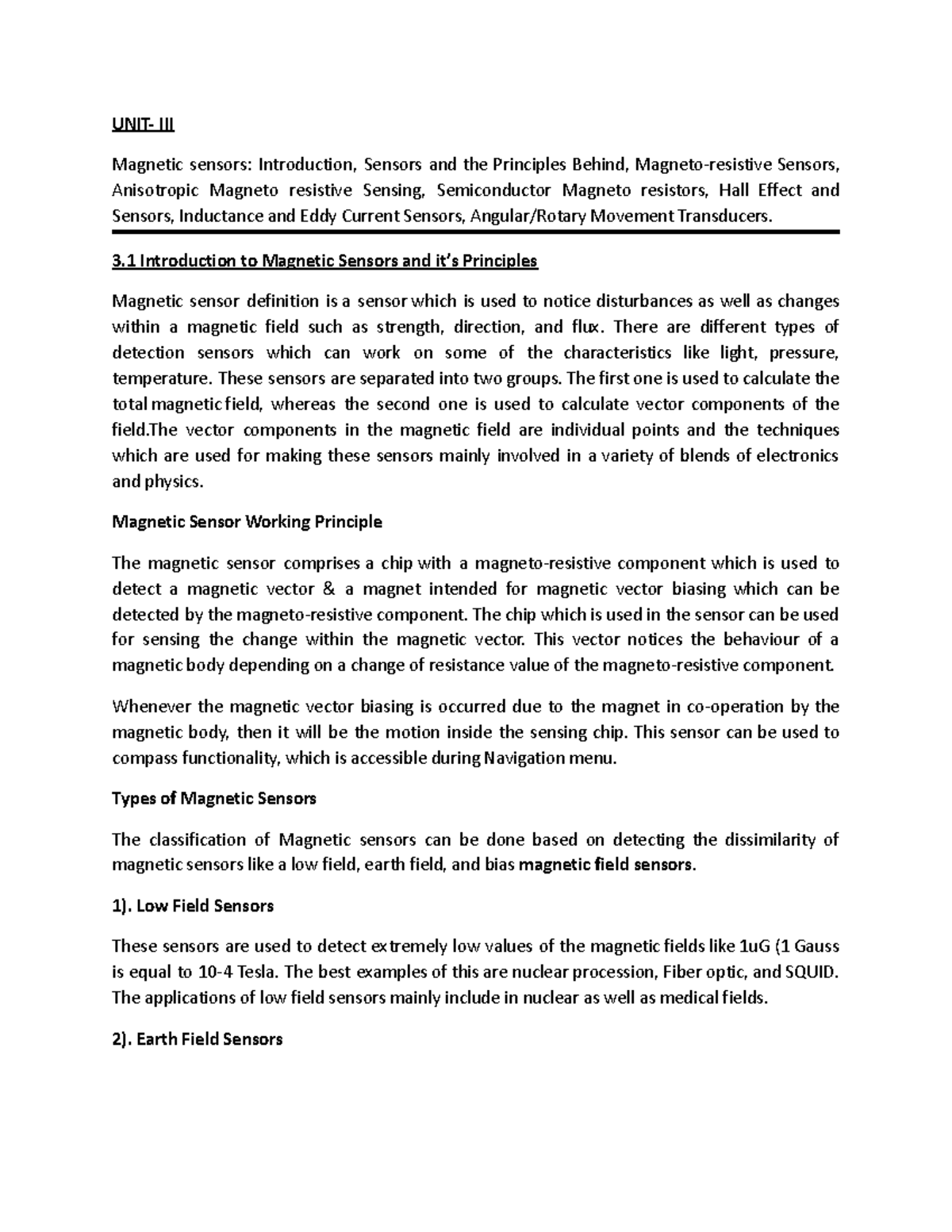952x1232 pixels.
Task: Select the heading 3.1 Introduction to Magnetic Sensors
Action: click(325, 261)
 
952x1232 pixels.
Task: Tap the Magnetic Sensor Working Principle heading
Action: click(247, 522)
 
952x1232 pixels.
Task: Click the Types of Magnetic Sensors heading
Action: click(214, 798)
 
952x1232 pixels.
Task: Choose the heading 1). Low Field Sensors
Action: click(193, 906)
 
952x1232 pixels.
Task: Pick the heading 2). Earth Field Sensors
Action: click(198, 1039)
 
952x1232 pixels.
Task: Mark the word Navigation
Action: click(525, 758)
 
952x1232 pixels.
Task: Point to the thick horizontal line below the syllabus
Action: click(475, 232)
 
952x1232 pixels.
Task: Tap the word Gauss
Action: click(817, 946)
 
